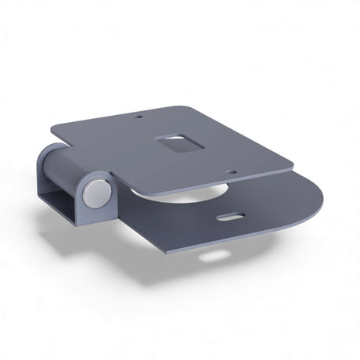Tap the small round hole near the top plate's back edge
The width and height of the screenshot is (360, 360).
[x=142, y=119]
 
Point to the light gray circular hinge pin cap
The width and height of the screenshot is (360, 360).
[x=95, y=193]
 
